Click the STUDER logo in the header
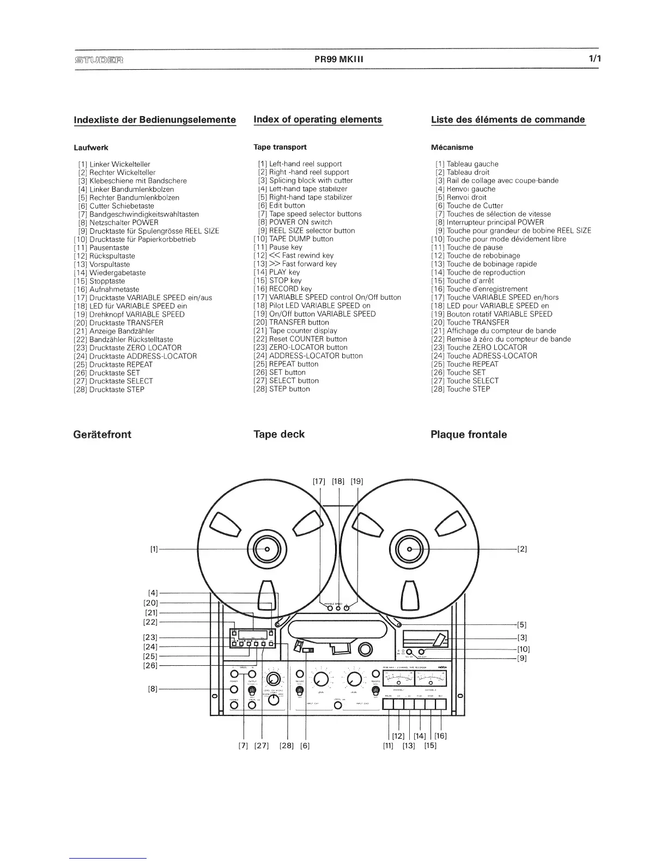[x=98, y=59]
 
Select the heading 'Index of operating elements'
[x=318, y=120]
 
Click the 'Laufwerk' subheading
[x=91, y=148]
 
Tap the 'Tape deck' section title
[x=279, y=434]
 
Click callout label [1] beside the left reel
[x=154, y=549]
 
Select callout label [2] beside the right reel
[x=522, y=549]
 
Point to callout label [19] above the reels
[x=357, y=481]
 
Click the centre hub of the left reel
[x=267, y=549]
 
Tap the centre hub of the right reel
[x=409, y=549]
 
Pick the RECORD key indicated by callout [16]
[x=441, y=705]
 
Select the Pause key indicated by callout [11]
[x=389, y=705]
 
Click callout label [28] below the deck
[x=287, y=746]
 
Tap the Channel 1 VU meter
[x=399, y=679]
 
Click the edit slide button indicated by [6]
[x=308, y=650]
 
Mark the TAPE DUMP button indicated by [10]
[x=421, y=652]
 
